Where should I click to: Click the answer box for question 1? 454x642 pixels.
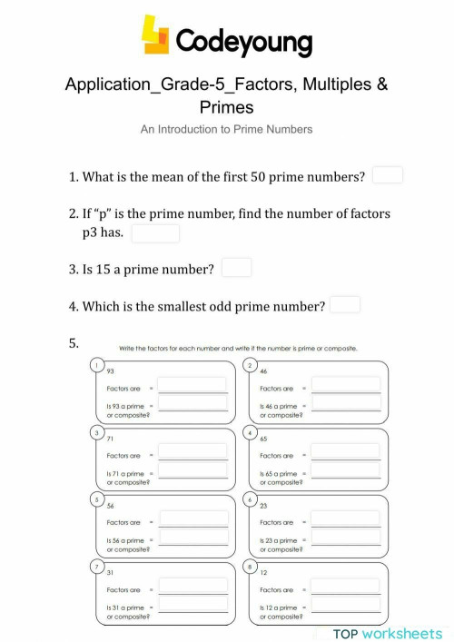pos(388,175)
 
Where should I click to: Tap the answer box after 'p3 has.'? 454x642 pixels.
pos(155,233)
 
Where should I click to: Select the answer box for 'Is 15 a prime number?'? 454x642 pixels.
pos(237,268)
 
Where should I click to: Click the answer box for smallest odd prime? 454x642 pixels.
pos(345,305)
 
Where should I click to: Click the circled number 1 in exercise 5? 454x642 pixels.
pos(96,365)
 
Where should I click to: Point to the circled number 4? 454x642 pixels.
pos(250,433)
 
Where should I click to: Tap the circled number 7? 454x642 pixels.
pos(96,568)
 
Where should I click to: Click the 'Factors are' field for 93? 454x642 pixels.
pos(193,386)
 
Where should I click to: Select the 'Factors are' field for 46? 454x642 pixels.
pos(346,386)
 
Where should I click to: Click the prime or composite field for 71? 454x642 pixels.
pos(193,471)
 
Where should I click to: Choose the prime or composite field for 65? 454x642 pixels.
pos(346,471)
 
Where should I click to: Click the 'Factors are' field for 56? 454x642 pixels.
pos(193,519)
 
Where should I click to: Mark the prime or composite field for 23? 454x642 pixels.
pos(346,538)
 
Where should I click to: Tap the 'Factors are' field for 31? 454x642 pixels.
pos(193,587)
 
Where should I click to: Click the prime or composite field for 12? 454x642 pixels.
pos(346,606)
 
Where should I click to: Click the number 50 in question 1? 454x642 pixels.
pos(271,177)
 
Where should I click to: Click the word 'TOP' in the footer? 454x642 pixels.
pos(347,633)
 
